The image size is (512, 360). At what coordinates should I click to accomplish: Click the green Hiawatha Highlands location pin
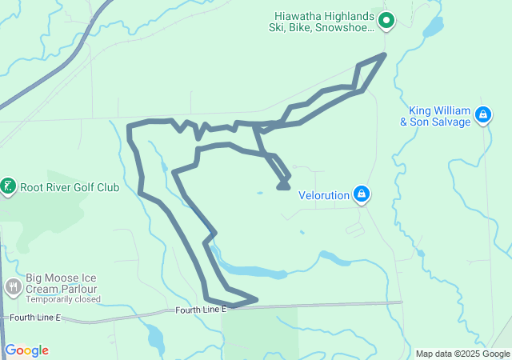click(386, 21)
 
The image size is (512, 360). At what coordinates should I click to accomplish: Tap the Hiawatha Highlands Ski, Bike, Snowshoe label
click(322, 21)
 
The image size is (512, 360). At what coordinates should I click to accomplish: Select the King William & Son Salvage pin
click(482, 115)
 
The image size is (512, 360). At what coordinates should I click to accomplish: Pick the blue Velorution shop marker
click(362, 193)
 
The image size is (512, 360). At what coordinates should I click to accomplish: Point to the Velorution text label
click(325, 194)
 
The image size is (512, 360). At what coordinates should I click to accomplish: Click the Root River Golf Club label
click(70, 188)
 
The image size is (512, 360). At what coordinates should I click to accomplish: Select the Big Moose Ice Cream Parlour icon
click(13, 286)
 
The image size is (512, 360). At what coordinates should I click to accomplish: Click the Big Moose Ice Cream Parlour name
click(62, 282)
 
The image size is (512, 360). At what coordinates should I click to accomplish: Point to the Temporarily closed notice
click(63, 299)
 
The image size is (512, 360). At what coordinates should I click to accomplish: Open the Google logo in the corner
click(26, 350)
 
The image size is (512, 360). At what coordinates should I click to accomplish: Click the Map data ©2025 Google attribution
click(462, 354)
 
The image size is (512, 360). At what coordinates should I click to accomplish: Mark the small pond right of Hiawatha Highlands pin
click(431, 29)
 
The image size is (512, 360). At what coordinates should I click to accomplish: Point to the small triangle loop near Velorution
click(282, 185)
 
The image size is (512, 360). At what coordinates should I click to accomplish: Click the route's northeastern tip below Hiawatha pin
click(385, 54)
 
